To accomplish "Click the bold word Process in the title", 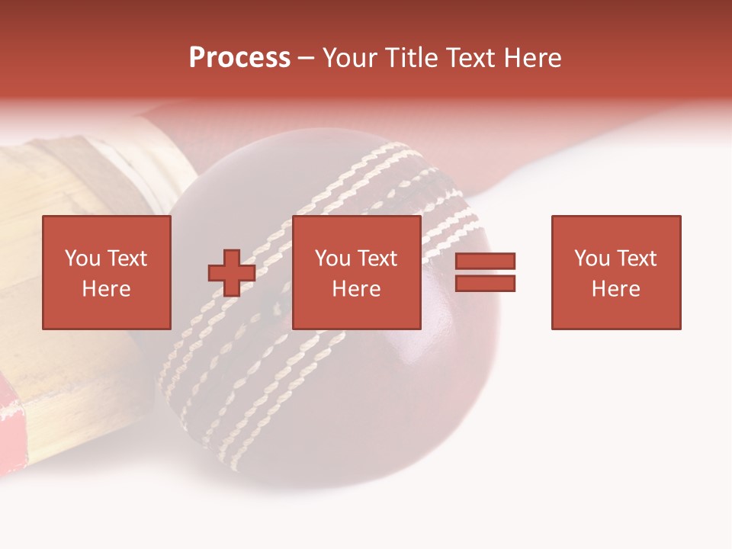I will click(x=239, y=58).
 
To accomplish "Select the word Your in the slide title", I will click(x=350, y=58).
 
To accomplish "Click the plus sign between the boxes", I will click(x=232, y=273).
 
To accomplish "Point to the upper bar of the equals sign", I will click(x=486, y=262).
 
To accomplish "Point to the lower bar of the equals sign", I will click(x=486, y=284).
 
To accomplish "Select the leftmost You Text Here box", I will click(x=107, y=272).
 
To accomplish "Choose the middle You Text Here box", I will click(x=357, y=272).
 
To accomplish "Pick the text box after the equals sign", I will click(x=616, y=272).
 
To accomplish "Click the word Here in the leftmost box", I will click(x=107, y=289).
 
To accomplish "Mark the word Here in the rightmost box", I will click(x=616, y=289).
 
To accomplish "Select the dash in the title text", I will click(x=307, y=58).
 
